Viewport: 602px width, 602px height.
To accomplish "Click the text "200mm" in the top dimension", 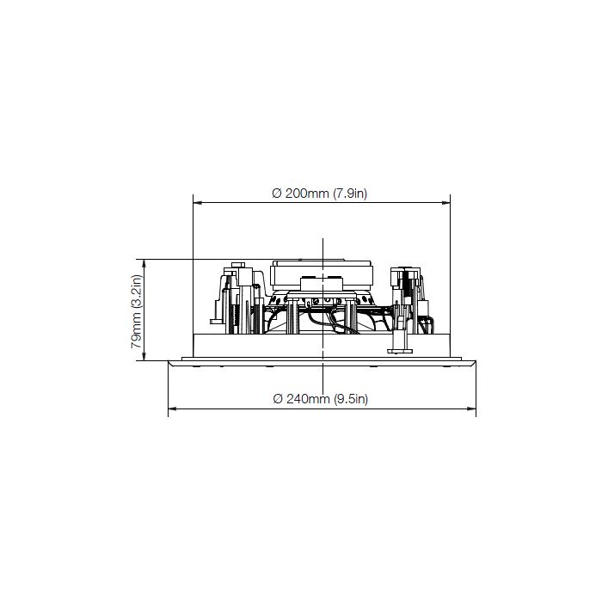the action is click(x=307, y=193).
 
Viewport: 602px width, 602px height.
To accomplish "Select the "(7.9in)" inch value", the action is click(x=350, y=193).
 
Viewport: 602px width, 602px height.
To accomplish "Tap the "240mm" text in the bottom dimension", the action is click(x=308, y=399).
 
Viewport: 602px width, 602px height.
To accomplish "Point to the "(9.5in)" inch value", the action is click(x=351, y=399).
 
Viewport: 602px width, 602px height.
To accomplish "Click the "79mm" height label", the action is click(x=136, y=334).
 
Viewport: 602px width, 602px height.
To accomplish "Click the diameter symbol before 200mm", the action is click(x=277, y=193).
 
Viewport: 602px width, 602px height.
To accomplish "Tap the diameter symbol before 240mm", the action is click(x=278, y=399).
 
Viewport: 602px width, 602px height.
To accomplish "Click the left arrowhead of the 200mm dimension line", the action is click(x=197, y=203).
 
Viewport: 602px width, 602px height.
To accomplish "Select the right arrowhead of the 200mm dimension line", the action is click(x=445, y=203).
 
